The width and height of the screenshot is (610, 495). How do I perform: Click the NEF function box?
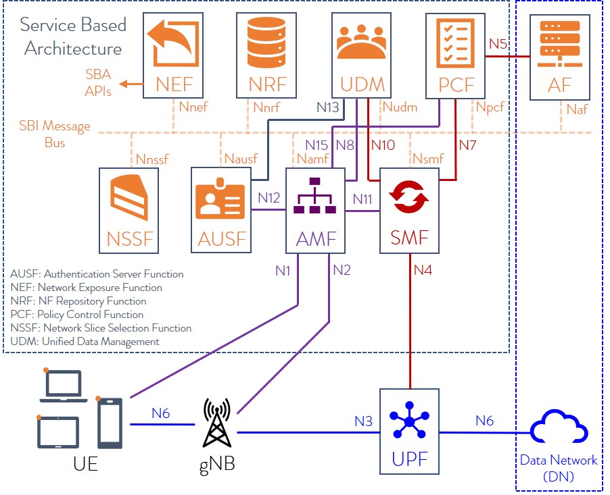[x=173, y=57]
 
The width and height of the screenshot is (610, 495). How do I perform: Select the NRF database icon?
[x=268, y=42]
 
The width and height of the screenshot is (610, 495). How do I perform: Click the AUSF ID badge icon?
[x=220, y=201]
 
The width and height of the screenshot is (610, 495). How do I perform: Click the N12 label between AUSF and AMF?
[x=268, y=199]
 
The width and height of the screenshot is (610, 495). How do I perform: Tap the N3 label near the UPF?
[x=364, y=421]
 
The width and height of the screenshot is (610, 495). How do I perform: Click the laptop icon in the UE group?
[x=62, y=386]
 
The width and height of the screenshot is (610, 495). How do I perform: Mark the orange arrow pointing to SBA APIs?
[x=131, y=84]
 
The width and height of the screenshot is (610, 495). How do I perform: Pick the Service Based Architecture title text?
[x=72, y=37]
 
